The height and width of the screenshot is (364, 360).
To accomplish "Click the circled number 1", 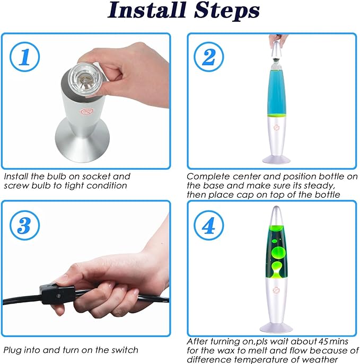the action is [24, 57].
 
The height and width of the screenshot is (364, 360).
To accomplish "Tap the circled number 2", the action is [209, 57].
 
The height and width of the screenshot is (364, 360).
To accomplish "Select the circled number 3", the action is [24, 225].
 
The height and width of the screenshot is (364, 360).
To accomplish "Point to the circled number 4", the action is [209, 225].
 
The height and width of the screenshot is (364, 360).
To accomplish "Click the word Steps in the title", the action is [227, 11].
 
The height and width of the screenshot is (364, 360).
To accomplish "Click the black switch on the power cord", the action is [58, 294].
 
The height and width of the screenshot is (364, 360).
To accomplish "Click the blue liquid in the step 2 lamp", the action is [277, 92].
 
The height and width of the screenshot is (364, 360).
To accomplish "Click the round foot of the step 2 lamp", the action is [276, 159].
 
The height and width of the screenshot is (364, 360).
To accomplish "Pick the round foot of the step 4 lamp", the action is [276, 327].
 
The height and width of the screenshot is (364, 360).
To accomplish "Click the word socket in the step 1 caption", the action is [96, 176].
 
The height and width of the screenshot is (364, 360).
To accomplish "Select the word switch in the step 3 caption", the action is [125, 350].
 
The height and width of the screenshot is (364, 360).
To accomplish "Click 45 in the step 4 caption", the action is [323, 341].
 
